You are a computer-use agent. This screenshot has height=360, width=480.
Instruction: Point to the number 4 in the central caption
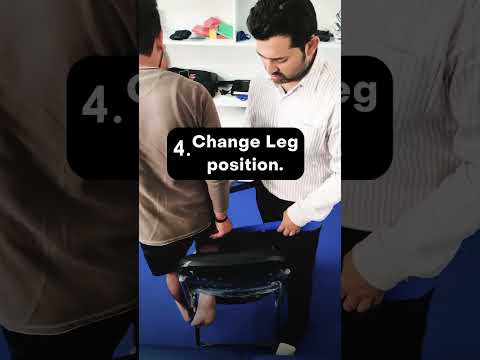[x=180, y=150]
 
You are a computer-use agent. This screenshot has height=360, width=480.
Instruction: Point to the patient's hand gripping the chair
[x=221, y=227]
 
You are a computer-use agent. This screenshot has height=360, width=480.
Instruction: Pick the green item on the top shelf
[x=225, y=30]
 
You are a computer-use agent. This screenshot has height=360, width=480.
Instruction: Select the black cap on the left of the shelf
[x=180, y=35]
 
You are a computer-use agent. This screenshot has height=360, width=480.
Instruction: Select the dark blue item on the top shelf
[x=243, y=36]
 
